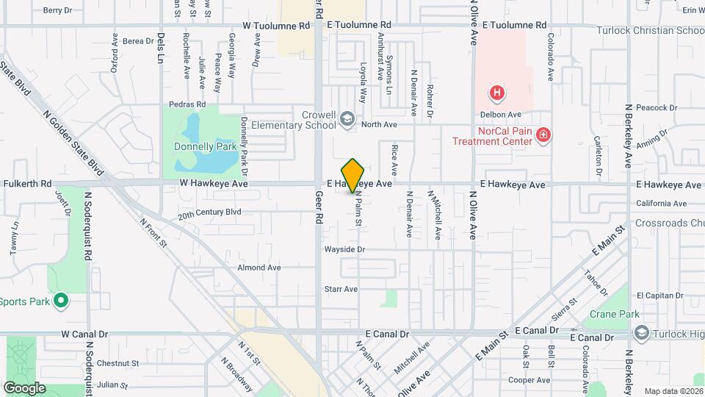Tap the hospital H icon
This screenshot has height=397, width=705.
[x=497, y=93]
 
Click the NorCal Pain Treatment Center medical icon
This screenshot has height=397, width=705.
[x=543, y=134]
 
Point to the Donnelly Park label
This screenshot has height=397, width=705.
[x=205, y=146]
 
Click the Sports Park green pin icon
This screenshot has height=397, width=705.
[x=62, y=301]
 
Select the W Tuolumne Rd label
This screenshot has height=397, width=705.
[x=276, y=26]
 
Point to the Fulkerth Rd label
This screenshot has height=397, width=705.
[x=27, y=183]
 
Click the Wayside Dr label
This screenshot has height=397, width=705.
[x=344, y=250]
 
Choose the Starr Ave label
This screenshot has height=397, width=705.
[x=341, y=290]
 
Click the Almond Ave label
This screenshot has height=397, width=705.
[x=258, y=268]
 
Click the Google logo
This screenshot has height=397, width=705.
[x=24, y=387]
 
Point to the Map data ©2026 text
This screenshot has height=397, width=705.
[x=672, y=391]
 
